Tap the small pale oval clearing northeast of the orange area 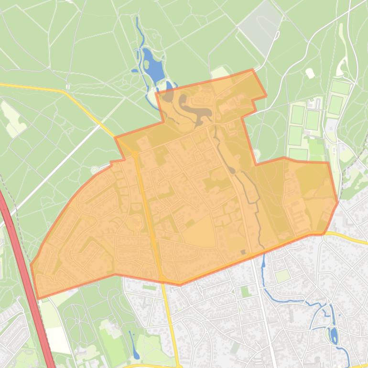click(310, 74)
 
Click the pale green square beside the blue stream click(283, 276)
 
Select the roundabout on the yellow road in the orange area click(136, 154)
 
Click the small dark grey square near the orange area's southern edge click(243, 252)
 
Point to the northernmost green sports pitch click(340, 87)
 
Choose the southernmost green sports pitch click(298, 154)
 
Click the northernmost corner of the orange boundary click(252, 70)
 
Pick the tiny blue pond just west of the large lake click(134, 72)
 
